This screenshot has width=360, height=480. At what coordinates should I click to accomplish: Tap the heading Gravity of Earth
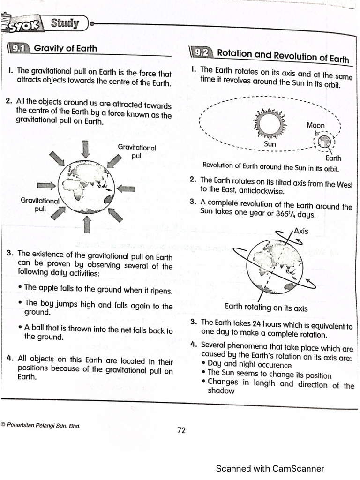pos(66,48)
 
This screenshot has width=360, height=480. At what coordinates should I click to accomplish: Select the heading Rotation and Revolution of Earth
pos(283,55)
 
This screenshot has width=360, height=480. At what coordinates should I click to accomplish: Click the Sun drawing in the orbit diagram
pos(270,123)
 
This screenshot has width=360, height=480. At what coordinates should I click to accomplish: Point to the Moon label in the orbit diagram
pos(315,125)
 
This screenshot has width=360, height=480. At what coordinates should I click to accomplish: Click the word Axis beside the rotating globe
pos(300,231)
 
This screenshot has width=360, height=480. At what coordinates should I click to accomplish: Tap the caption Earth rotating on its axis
pos(266,307)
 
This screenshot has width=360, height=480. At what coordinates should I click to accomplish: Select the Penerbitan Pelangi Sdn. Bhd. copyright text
pos(41,426)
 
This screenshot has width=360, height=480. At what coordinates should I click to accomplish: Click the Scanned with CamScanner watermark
pos(270,468)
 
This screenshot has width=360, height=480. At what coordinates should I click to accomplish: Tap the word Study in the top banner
pos(65,23)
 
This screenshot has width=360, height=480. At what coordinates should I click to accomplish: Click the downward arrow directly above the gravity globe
pos(85,149)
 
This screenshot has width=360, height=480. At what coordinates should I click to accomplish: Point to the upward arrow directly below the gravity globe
pos(86,225)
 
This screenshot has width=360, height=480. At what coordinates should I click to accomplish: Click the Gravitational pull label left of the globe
pos(40,204)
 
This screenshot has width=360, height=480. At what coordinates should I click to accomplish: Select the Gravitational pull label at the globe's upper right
pos(136,151)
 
